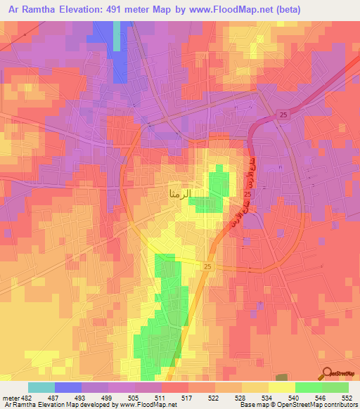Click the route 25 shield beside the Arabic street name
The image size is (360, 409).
click(x=247, y=193)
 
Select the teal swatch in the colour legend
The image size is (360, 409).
click(x=41, y=387)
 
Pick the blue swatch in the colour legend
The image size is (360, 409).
click(x=67, y=387)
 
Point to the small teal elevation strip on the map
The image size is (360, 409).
click(x=117, y=35)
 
